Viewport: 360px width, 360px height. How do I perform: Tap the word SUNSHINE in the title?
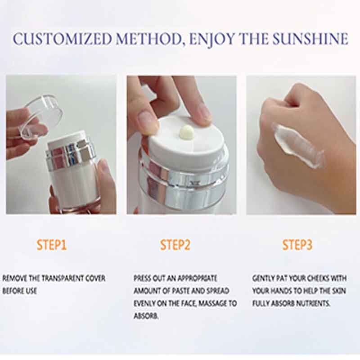[x=310, y=39]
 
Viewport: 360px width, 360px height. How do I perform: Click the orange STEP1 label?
[x=51, y=245]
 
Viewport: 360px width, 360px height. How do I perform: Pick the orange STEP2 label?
[x=175, y=245]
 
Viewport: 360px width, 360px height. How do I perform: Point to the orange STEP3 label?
[x=297, y=245]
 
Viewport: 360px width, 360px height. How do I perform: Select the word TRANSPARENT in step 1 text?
[x=60, y=279]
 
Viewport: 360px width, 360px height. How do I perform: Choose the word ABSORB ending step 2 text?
[x=146, y=316]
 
